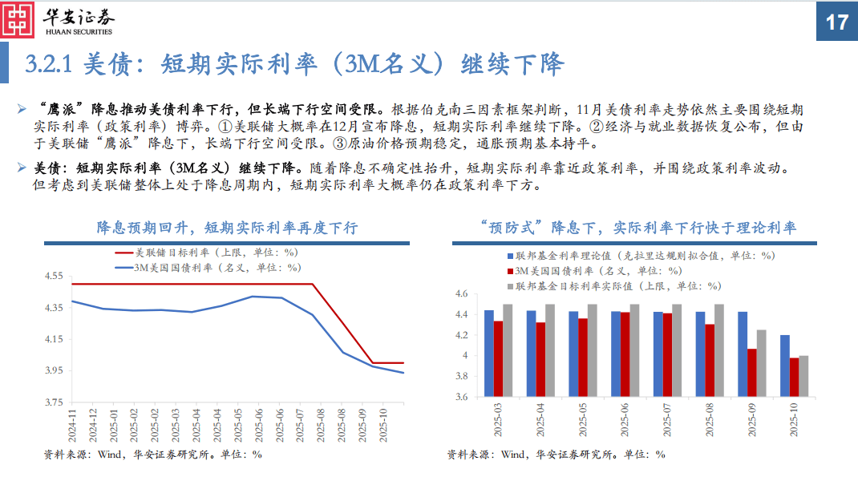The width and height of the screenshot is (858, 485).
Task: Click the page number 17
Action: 836,22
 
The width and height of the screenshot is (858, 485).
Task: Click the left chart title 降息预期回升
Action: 227,228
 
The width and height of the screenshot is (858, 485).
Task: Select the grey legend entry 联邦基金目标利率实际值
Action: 617,285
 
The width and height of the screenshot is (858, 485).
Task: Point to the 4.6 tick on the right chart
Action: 460,294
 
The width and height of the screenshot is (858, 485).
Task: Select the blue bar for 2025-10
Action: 784,366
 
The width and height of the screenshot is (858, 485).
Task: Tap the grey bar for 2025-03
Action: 508,350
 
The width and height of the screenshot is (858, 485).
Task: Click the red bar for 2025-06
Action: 625,354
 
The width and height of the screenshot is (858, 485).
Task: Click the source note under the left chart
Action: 152,454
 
